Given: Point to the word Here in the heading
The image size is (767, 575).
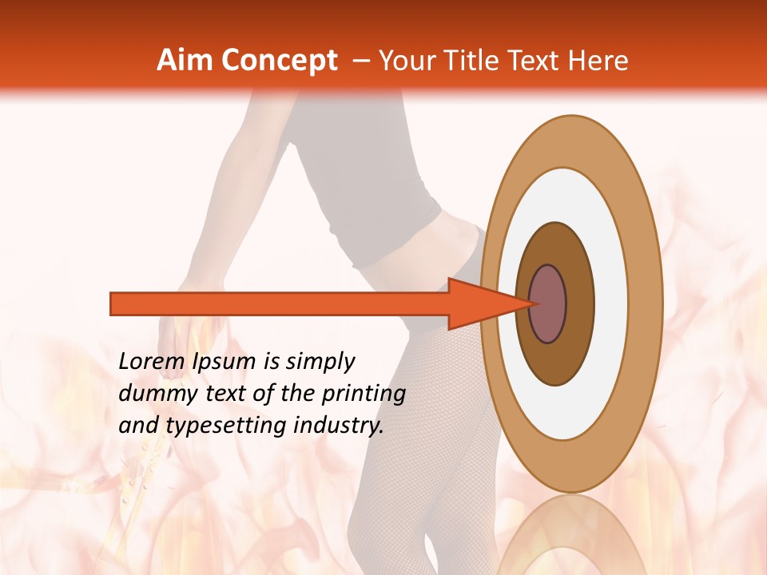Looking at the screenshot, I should click(598, 61).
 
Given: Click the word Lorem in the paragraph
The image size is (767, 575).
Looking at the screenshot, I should click(152, 362).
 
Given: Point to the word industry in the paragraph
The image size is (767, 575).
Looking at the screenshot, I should click(337, 426).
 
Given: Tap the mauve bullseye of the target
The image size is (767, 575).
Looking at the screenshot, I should click(548, 303).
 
